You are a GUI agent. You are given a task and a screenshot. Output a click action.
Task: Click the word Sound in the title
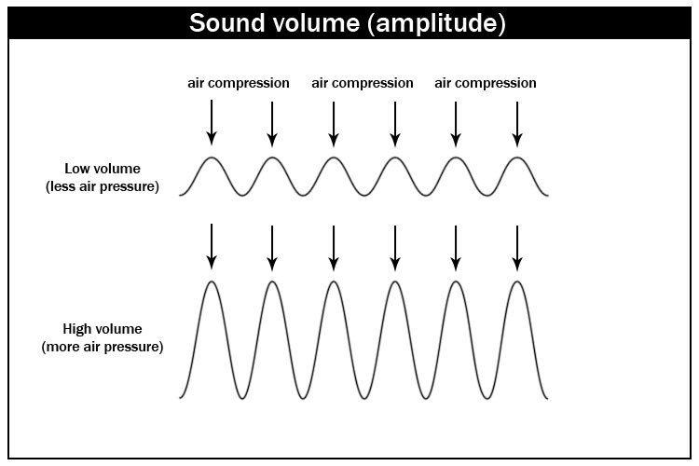tap(226, 22)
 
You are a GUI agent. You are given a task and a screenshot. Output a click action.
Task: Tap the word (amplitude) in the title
tap(436, 24)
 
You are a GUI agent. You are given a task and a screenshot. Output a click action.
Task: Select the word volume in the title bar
tap(316, 22)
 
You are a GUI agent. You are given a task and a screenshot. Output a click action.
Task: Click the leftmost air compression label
tap(239, 83)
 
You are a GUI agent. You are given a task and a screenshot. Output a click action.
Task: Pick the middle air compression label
tap(363, 83)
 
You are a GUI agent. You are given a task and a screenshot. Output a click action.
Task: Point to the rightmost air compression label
tap(486, 83)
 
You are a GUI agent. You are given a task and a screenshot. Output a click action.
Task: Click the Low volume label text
tap(103, 169)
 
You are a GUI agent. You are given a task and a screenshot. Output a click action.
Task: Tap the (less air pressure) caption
tap(103, 186)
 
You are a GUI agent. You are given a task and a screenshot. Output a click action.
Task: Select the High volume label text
tap(103, 329)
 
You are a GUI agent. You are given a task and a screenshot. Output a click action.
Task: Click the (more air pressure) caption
tap(103, 347)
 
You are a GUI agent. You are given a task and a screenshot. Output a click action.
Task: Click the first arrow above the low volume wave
tap(212, 123)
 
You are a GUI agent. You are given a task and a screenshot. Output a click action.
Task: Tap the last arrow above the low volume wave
tap(517, 124)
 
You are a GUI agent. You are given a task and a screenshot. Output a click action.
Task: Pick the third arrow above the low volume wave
tap(334, 124)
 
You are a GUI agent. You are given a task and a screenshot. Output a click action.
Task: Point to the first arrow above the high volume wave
tap(212, 247)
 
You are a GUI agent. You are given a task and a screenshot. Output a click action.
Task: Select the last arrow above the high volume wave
tap(517, 248)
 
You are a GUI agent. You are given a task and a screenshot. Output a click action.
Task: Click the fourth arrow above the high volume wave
tap(395, 248)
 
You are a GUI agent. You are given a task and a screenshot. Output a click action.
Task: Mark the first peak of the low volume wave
tap(212, 158)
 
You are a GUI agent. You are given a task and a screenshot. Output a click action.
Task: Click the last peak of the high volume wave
tap(517, 281)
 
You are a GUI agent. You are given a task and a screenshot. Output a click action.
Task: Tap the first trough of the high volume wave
tap(242, 398)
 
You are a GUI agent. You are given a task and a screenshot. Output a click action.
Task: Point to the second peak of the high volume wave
tap(272, 281)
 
